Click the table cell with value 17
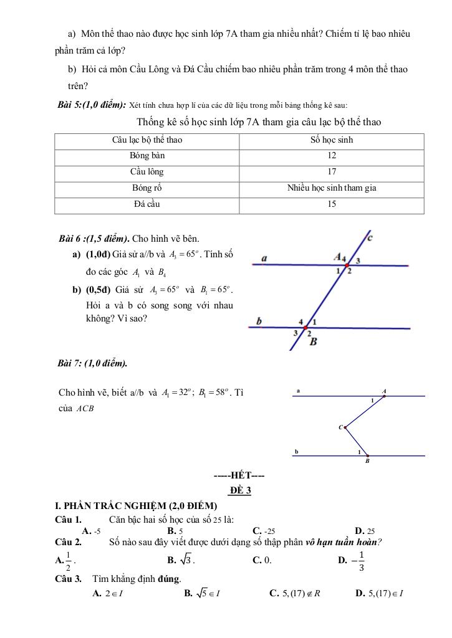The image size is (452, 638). (332, 172)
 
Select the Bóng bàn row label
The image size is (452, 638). (147, 155)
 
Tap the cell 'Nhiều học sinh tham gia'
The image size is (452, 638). (332, 188)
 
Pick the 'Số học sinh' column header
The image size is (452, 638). (332, 140)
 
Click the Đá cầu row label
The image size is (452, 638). (147, 204)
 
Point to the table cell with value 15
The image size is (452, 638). (332, 204)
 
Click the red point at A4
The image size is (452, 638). (347, 265)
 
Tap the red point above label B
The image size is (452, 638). (306, 328)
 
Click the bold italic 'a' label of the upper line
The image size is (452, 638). (264, 257)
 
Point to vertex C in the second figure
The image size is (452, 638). (344, 427)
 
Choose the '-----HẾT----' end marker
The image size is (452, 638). (239, 477)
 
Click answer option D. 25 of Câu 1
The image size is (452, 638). (365, 531)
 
